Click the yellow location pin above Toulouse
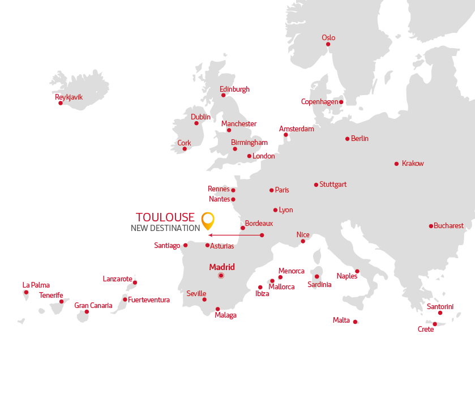(x=208, y=219)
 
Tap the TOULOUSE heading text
(x=165, y=217)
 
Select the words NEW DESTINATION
(x=165, y=228)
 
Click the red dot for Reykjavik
(x=61, y=103)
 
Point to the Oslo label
(x=328, y=38)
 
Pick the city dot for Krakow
(x=396, y=164)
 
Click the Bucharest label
(x=448, y=226)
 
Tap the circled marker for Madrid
(x=221, y=276)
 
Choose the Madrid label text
(x=222, y=267)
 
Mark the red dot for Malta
(x=355, y=322)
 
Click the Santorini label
(x=440, y=306)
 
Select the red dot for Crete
(x=435, y=324)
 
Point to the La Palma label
(x=36, y=285)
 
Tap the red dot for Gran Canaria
(x=87, y=312)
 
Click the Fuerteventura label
(x=149, y=300)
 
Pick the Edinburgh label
(x=234, y=89)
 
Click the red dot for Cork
(x=185, y=149)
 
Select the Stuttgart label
(x=333, y=185)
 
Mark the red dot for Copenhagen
(x=341, y=102)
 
